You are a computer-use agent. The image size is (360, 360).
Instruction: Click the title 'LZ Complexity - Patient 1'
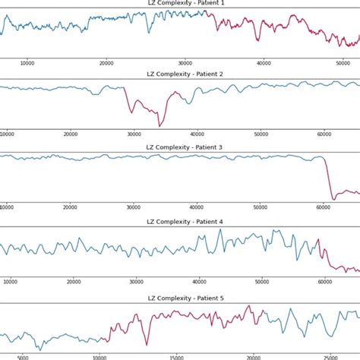(x=179, y=4)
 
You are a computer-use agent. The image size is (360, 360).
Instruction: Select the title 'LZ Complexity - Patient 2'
(x=179, y=74)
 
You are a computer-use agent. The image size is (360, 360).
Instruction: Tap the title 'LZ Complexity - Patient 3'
(x=179, y=148)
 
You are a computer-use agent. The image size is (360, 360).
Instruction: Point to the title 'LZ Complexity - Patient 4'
(x=179, y=222)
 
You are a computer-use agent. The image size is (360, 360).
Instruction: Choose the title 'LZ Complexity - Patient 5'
(x=179, y=295)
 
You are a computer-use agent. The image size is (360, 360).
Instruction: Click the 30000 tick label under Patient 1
(x=185, y=64)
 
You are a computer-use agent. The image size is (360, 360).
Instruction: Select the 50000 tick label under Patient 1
(x=340, y=64)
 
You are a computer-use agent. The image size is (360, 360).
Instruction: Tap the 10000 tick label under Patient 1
(x=28, y=64)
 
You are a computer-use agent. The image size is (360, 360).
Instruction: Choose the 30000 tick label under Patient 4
(x=137, y=281)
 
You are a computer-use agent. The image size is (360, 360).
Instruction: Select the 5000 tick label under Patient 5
(x=23, y=355)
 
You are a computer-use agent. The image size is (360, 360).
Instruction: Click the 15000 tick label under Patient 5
(x=176, y=355)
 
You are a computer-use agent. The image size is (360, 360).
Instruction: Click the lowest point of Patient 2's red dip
(x=159, y=125)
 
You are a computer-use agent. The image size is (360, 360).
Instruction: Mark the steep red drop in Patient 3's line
(x=329, y=179)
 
